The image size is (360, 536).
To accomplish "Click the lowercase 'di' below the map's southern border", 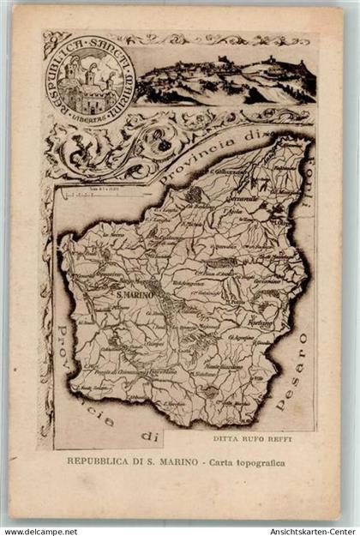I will pyautogui.click(x=151, y=437).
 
